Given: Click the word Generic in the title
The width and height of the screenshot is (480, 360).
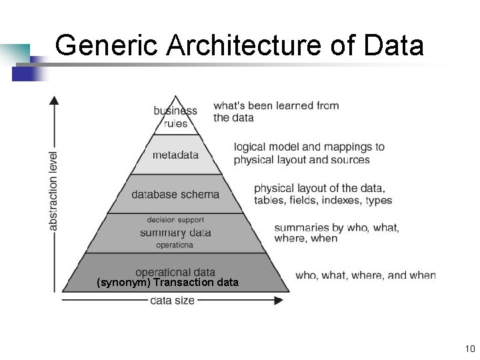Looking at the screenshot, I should click(x=106, y=45).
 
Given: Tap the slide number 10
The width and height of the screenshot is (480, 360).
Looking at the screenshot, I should click(x=469, y=349).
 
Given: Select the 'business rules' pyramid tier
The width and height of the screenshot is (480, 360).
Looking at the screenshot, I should click(x=175, y=117).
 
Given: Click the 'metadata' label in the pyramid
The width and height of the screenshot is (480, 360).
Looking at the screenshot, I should click(x=175, y=155).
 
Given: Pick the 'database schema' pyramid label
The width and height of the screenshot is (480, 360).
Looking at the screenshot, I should click(x=175, y=195).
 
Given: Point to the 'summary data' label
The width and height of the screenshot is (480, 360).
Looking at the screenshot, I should click(x=175, y=233).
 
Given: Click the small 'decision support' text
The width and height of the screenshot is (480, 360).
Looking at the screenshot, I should click(x=175, y=220).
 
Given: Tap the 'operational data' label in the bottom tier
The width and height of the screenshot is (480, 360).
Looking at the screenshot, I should click(x=175, y=272).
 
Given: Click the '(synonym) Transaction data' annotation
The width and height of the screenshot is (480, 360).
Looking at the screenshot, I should click(x=167, y=282).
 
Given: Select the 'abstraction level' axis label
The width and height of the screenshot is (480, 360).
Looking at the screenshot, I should click(x=54, y=191).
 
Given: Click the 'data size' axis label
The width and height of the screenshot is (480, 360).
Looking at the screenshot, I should click(x=172, y=301).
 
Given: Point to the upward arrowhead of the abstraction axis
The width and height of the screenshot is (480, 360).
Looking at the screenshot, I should click(x=54, y=100).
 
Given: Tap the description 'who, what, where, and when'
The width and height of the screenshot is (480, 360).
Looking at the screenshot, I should click(x=365, y=275).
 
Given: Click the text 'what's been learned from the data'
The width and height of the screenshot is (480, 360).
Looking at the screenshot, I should click(x=276, y=111).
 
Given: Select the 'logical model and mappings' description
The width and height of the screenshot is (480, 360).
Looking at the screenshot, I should click(x=309, y=153).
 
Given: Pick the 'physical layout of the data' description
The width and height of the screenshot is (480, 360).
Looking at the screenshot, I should click(x=323, y=194).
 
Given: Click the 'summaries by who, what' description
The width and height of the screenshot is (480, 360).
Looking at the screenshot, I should click(x=337, y=233).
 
